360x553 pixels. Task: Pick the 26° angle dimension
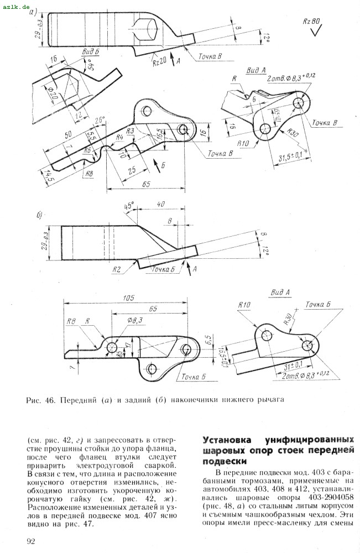100,120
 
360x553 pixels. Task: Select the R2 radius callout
117,269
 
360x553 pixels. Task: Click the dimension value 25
131,171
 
